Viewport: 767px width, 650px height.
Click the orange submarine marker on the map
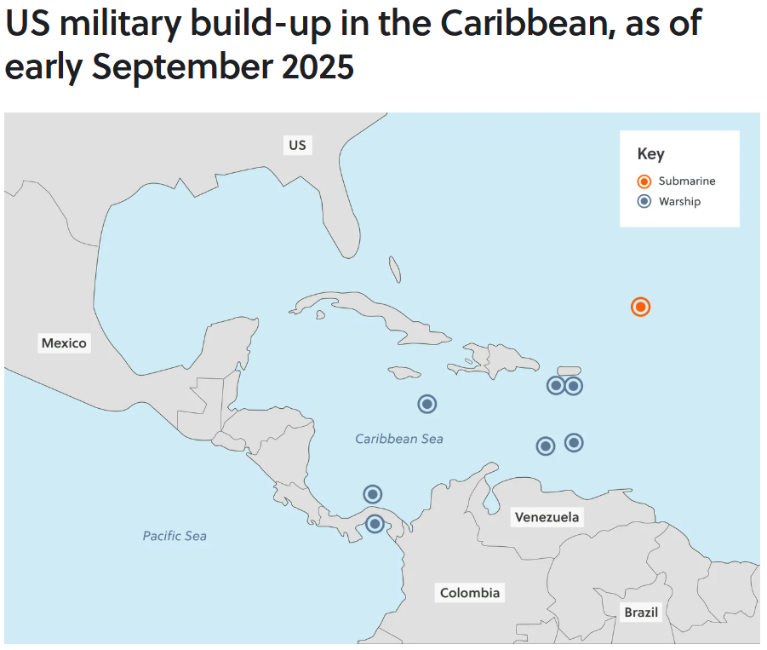(641, 307)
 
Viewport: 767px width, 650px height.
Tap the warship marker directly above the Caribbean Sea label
(427, 404)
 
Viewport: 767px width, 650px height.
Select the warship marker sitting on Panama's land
(375, 524)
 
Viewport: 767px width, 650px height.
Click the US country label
(297, 145)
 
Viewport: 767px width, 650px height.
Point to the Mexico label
(64, 343)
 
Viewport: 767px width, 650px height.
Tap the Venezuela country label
(547, 517)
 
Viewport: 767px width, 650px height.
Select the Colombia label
(470, 593)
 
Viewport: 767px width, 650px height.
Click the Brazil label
(641, 613)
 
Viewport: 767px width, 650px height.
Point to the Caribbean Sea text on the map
(399, 439)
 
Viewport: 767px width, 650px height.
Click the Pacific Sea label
(175, 536)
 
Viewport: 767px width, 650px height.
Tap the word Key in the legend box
(650, 154)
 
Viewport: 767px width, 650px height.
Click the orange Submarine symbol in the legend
(644, 181)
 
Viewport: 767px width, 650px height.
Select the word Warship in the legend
(679, 202)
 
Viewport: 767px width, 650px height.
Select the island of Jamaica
(405, 372)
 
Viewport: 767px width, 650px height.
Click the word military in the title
(111, 24)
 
